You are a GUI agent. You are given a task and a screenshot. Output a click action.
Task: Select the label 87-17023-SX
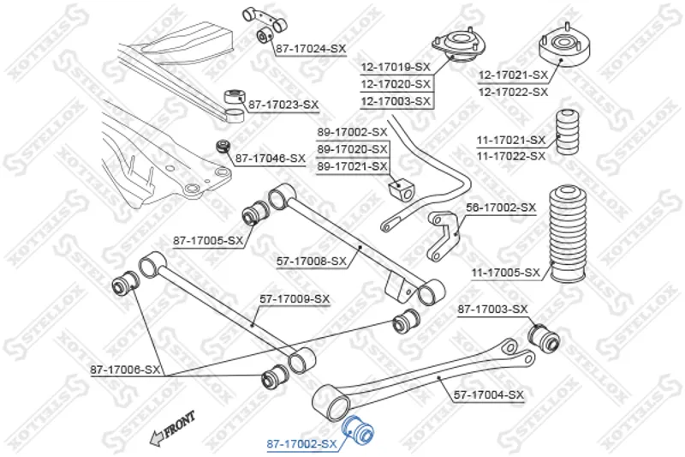pos(283,105)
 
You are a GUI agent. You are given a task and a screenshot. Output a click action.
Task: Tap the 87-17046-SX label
pos(270,159)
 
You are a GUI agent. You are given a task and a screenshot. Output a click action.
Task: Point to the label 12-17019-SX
pos(395,66)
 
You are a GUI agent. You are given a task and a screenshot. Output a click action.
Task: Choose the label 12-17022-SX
pos(513,91)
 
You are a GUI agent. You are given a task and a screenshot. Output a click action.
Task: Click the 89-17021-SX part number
pos(352,165)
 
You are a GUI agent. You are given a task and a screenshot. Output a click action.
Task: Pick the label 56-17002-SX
pos(501,207)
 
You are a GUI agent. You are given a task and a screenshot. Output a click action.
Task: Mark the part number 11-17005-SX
pos(506,274)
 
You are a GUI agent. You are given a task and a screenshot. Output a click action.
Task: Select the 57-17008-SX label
pos(312,260)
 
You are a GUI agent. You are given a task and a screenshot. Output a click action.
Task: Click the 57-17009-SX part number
pos(295,298)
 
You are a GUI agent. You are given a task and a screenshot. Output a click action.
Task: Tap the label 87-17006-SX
pos(125,370)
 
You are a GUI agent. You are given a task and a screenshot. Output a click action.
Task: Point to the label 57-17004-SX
pos(488,394)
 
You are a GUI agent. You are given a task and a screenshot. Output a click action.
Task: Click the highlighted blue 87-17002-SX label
pos(301,443)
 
